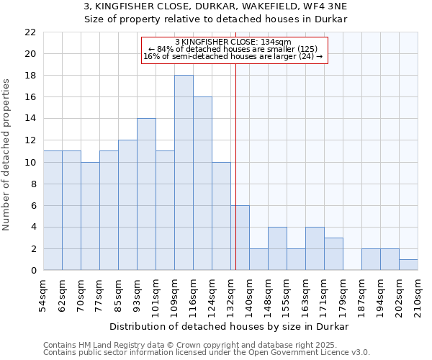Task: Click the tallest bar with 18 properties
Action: coord(184,173)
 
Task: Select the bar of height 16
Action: coord(202,184)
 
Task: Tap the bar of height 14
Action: coord(146,194)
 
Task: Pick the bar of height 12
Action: coord(127,205)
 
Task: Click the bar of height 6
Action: coord(240,238)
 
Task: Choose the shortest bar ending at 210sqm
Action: coord(408,265)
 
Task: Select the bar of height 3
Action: coord(333,254)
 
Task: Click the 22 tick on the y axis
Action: coord(30,32)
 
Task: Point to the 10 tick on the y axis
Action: coord(30,162)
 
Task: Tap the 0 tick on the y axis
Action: coord(32,271)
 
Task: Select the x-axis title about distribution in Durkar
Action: coord(230,326)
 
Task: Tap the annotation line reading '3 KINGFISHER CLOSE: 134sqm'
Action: coord(233,42)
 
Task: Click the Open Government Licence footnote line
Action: coord(207,352)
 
